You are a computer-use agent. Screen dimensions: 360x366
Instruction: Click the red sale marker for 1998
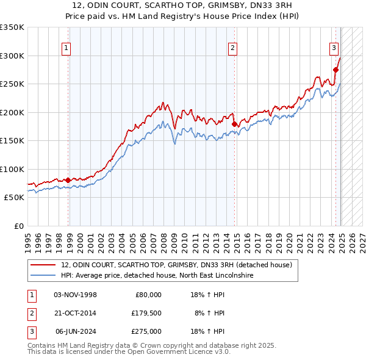[x=68, y=180]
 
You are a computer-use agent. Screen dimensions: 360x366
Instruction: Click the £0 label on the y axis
[x=19, y=226]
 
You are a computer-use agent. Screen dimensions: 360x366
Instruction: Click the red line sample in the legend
[x=43, y=265]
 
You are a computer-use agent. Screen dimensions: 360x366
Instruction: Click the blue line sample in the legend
[x=43, y=275]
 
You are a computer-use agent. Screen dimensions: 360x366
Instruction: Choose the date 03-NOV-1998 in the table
[x=76, y=294]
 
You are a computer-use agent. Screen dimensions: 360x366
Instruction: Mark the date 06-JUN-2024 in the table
[x=76, y=332]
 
